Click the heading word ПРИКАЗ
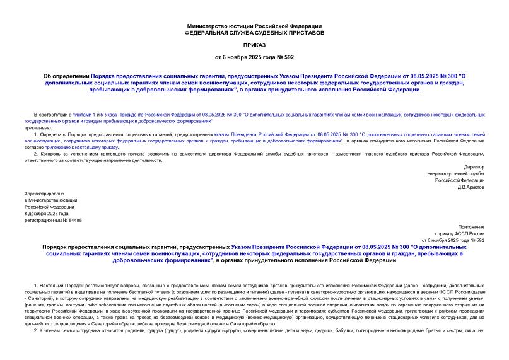click(x=254, y=45)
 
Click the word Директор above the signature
click(x=474, y=166)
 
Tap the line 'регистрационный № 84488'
click(x=53, y=220)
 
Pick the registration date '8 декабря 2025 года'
click(x=47, y=213)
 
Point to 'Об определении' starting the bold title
click(x=66, y=75)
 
